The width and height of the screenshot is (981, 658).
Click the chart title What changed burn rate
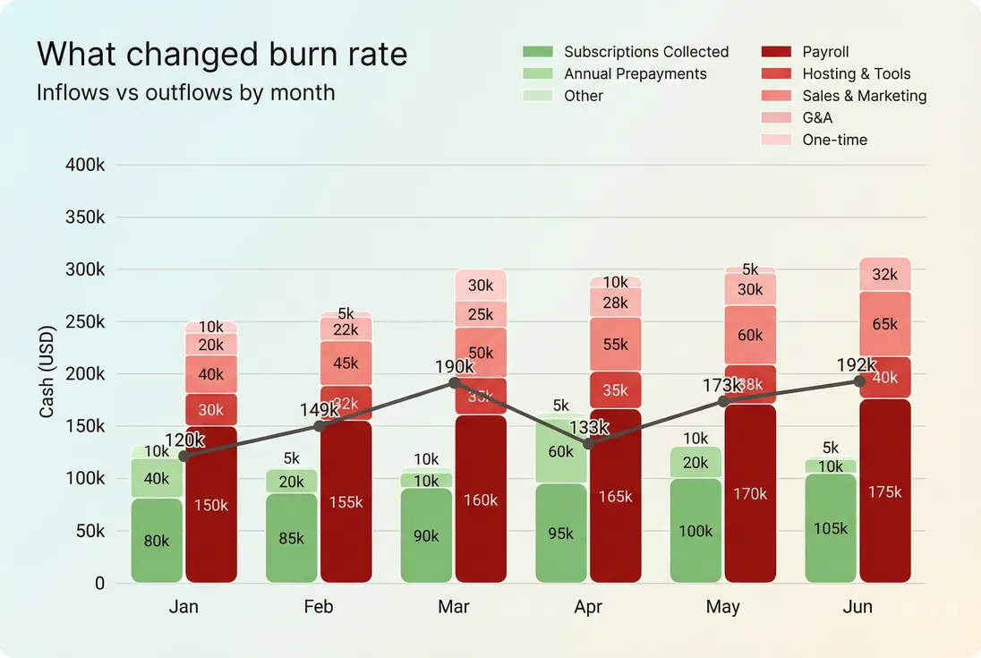tap(222, 55)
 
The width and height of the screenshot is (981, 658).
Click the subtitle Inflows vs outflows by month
tap(185, 92)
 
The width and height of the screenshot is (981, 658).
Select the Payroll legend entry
tap(825, 52)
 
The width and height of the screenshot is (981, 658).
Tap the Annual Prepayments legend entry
tap(635, 74)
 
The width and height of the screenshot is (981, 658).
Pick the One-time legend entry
tap(834, 140)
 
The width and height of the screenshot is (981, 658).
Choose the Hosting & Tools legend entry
tap(856, 74)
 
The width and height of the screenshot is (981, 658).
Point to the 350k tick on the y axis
tap(86, 218)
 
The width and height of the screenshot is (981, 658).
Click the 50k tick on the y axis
tap(90, 531)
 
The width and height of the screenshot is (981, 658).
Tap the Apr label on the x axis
tap(588, 607)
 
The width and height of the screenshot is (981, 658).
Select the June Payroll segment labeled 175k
tap(884, 491)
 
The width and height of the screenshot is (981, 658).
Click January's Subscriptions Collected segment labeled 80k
tap(157, 541)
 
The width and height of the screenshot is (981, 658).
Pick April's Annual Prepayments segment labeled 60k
tap(560, 451)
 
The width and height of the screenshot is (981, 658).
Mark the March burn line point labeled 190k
tap(454, 382)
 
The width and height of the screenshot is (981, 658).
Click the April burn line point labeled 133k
tap(588, 444)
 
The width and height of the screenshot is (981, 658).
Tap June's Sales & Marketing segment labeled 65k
tap(884, 324)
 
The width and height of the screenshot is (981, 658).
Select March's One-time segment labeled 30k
tap(481, 286)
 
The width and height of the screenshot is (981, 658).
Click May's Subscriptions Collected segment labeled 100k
tap(695, 531)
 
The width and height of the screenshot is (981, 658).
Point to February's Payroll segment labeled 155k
tap(345, 502)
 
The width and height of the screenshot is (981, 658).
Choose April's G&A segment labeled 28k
tap(615, 303)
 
